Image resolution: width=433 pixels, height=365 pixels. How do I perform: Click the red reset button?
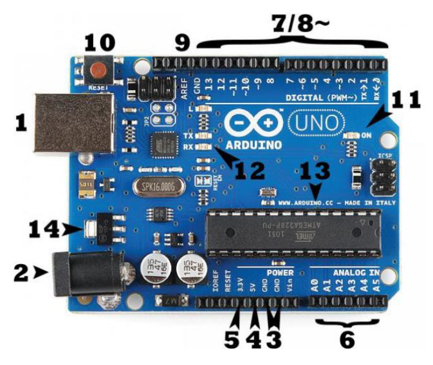pyautogui.click(x=99, y=68)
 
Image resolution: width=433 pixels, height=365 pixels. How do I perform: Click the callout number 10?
pyautogui.click(x=100, y=43)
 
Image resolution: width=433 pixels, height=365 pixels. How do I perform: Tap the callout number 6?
pyautogui.click(x=347, y=339)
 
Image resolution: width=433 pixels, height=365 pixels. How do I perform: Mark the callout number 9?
pyautogui.click(x=183, y=43)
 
